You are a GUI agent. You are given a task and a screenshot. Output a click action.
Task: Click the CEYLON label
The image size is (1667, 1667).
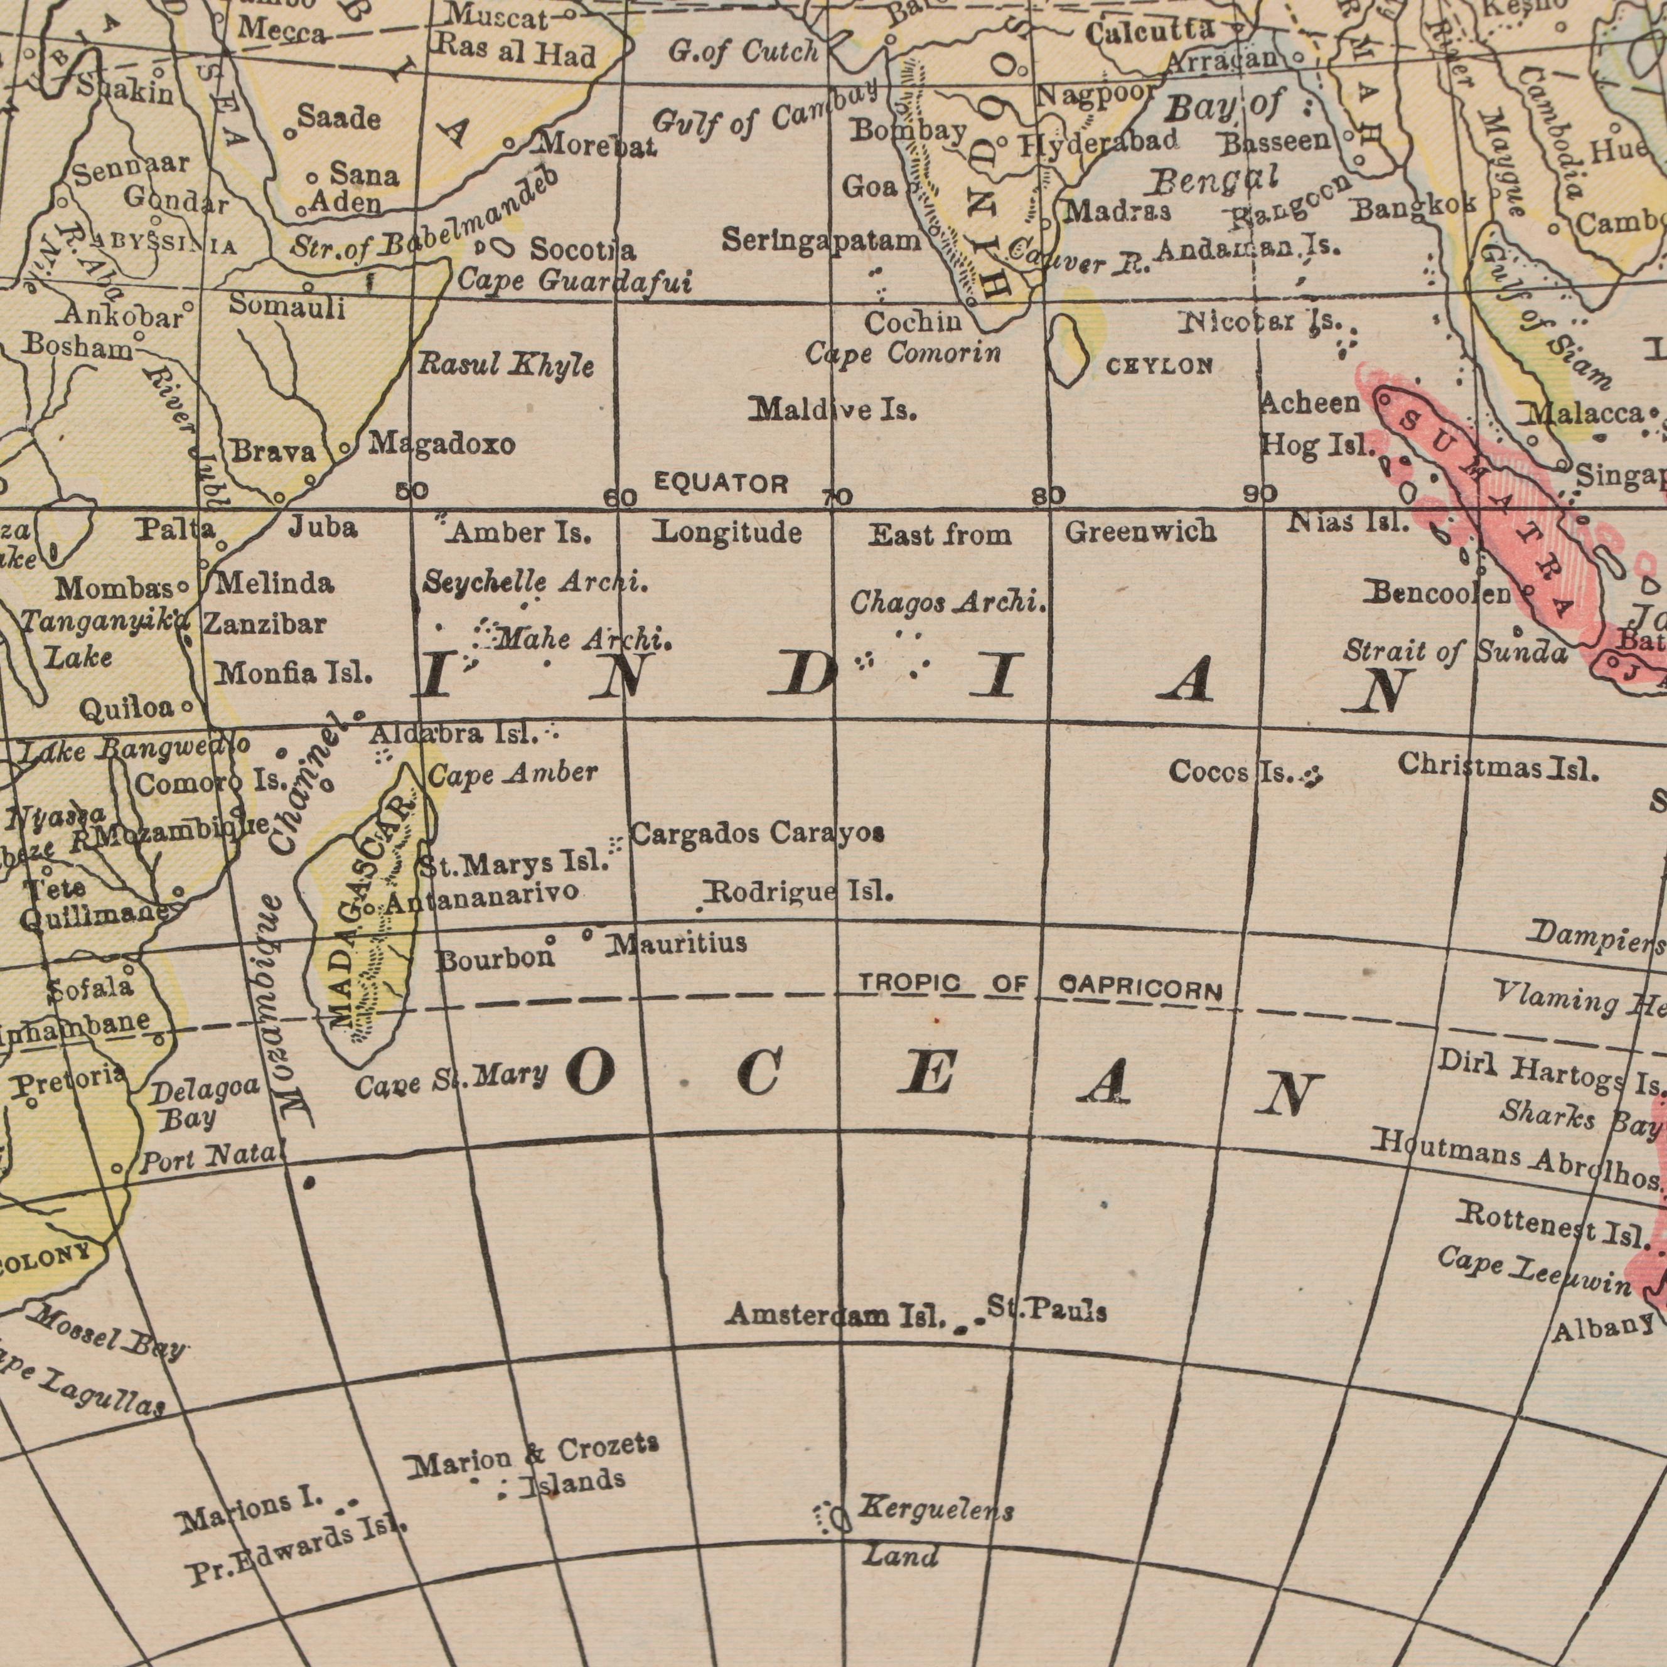[x=1160, y=367]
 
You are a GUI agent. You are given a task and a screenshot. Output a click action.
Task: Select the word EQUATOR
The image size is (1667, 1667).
[x=721, y=483]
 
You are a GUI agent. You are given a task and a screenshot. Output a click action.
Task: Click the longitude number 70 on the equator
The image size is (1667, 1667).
[x=837, y=498]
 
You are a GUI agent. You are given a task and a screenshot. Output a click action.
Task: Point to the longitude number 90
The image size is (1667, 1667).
[x=1260, y=495]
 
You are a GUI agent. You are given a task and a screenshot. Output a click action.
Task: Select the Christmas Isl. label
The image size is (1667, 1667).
[x=1499, y=765]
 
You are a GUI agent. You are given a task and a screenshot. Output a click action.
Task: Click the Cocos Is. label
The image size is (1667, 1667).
[x=1231, y=772]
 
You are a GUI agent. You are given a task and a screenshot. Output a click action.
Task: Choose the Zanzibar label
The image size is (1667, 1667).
[x=265, y=623]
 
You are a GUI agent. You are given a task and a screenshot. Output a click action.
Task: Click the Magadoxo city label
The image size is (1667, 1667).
[x=442, y=444]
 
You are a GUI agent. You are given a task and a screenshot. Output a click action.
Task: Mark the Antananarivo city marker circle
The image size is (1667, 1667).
[x=368, y=909]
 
